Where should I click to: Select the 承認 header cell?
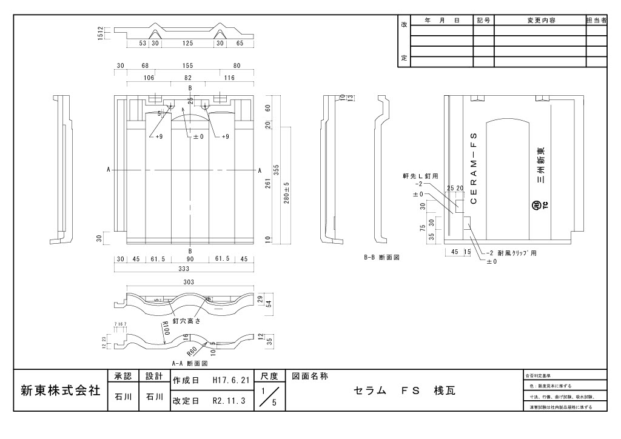122,376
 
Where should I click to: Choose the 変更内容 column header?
540,20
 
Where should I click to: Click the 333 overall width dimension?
190,268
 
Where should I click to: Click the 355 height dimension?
276,170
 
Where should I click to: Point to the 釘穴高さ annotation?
186,321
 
